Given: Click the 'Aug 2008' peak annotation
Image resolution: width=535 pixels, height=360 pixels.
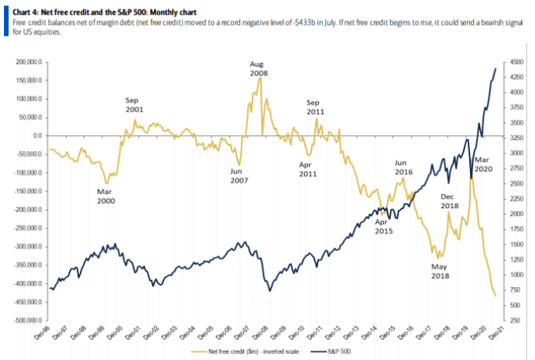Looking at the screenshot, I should coord(259,68).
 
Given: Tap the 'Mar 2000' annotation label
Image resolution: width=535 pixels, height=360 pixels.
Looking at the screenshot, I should coord(107,196).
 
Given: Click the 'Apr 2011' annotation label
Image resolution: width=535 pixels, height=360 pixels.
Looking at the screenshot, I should coord(309,170).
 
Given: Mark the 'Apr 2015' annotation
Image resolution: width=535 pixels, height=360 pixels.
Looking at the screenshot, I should coord(384,227).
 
